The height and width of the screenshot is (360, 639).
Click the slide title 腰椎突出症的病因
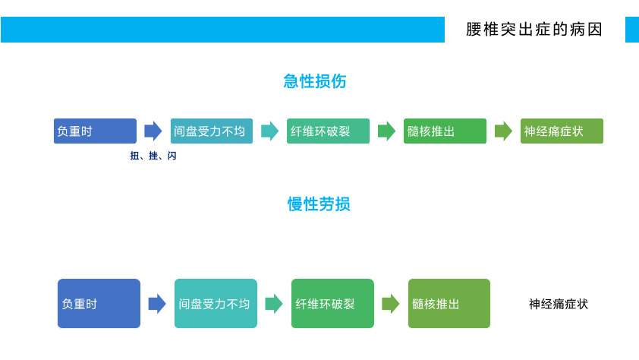(x=534, y=30)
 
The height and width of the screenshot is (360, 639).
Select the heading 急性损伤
(x=315, y=81)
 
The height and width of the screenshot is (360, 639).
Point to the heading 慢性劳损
(x=319, y=204)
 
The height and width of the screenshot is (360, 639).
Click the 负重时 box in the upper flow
(x=95, y=131)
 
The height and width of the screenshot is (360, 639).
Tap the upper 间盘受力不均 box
(x=212, y=131)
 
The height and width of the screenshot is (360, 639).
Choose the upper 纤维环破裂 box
(x=328, y=131)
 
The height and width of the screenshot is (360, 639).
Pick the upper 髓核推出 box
(x=445, y=131)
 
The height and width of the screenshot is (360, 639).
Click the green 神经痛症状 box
(x=562, y=131)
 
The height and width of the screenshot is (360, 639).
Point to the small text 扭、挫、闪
(x=153, y=156)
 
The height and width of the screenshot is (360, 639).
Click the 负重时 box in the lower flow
(x=99, y=303)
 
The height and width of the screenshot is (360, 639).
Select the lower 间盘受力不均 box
(x=216, y=303)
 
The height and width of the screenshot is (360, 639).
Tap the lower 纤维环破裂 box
(x=332, y=303)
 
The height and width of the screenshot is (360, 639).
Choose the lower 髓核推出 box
(x=449, y=303)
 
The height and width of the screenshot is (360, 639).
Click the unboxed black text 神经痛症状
(x=559, y=304)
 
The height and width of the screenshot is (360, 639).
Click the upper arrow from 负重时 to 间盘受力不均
(x=153, y=131)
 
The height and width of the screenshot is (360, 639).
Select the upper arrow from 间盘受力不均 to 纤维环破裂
(x=269, y=131)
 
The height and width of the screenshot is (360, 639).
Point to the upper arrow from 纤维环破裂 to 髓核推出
(x=387, y=131)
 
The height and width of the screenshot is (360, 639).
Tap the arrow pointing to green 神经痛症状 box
(x=503, y=131)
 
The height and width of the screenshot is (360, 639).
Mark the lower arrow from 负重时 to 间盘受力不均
(x=157, y=303)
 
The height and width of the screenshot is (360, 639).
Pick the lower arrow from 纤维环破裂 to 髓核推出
(x=391, y=303)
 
